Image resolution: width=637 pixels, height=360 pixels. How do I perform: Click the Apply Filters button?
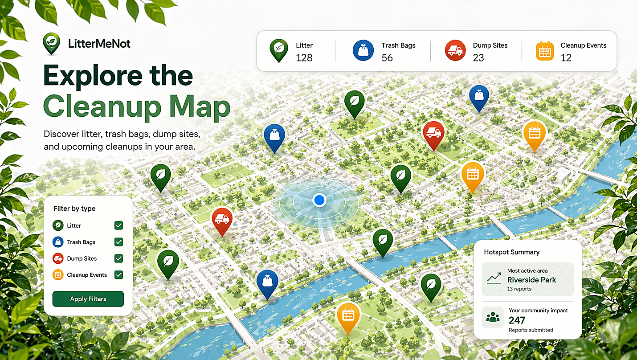[x=88, y=299]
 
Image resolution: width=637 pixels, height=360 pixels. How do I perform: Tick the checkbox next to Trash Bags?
[x=118, y=242]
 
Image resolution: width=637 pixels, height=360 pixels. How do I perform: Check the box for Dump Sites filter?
[x=118, y=258]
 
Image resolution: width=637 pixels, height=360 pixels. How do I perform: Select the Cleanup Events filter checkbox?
[x=118, y=275]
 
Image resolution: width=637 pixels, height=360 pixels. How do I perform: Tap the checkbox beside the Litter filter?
[x=118, y=225]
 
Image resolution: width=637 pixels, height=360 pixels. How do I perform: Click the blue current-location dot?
[x=319, y=200]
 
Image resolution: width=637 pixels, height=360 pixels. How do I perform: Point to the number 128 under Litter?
[x=304, y=57]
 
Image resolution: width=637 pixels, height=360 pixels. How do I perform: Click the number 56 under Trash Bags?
[x=387, y=57]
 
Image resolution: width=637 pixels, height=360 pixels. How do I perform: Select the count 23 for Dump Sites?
[x=478, y=57]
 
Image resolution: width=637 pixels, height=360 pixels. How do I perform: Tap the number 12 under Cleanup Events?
[x=566, y=57]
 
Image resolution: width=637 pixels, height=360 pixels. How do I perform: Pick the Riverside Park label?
[x=531, y=280]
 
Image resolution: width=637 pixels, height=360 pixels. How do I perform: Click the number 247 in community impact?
[x=517, y=320]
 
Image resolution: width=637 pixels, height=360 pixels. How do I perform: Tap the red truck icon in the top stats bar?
[x=455, y=50]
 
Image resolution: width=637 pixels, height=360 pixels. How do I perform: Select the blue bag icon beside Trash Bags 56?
[x=363, y=50]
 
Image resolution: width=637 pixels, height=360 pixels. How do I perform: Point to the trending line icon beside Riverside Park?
[x=494, y=279]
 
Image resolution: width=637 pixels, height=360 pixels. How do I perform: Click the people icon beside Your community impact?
[x=493, y=317]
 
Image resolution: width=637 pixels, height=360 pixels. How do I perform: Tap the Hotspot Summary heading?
[x=511, y=252]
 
